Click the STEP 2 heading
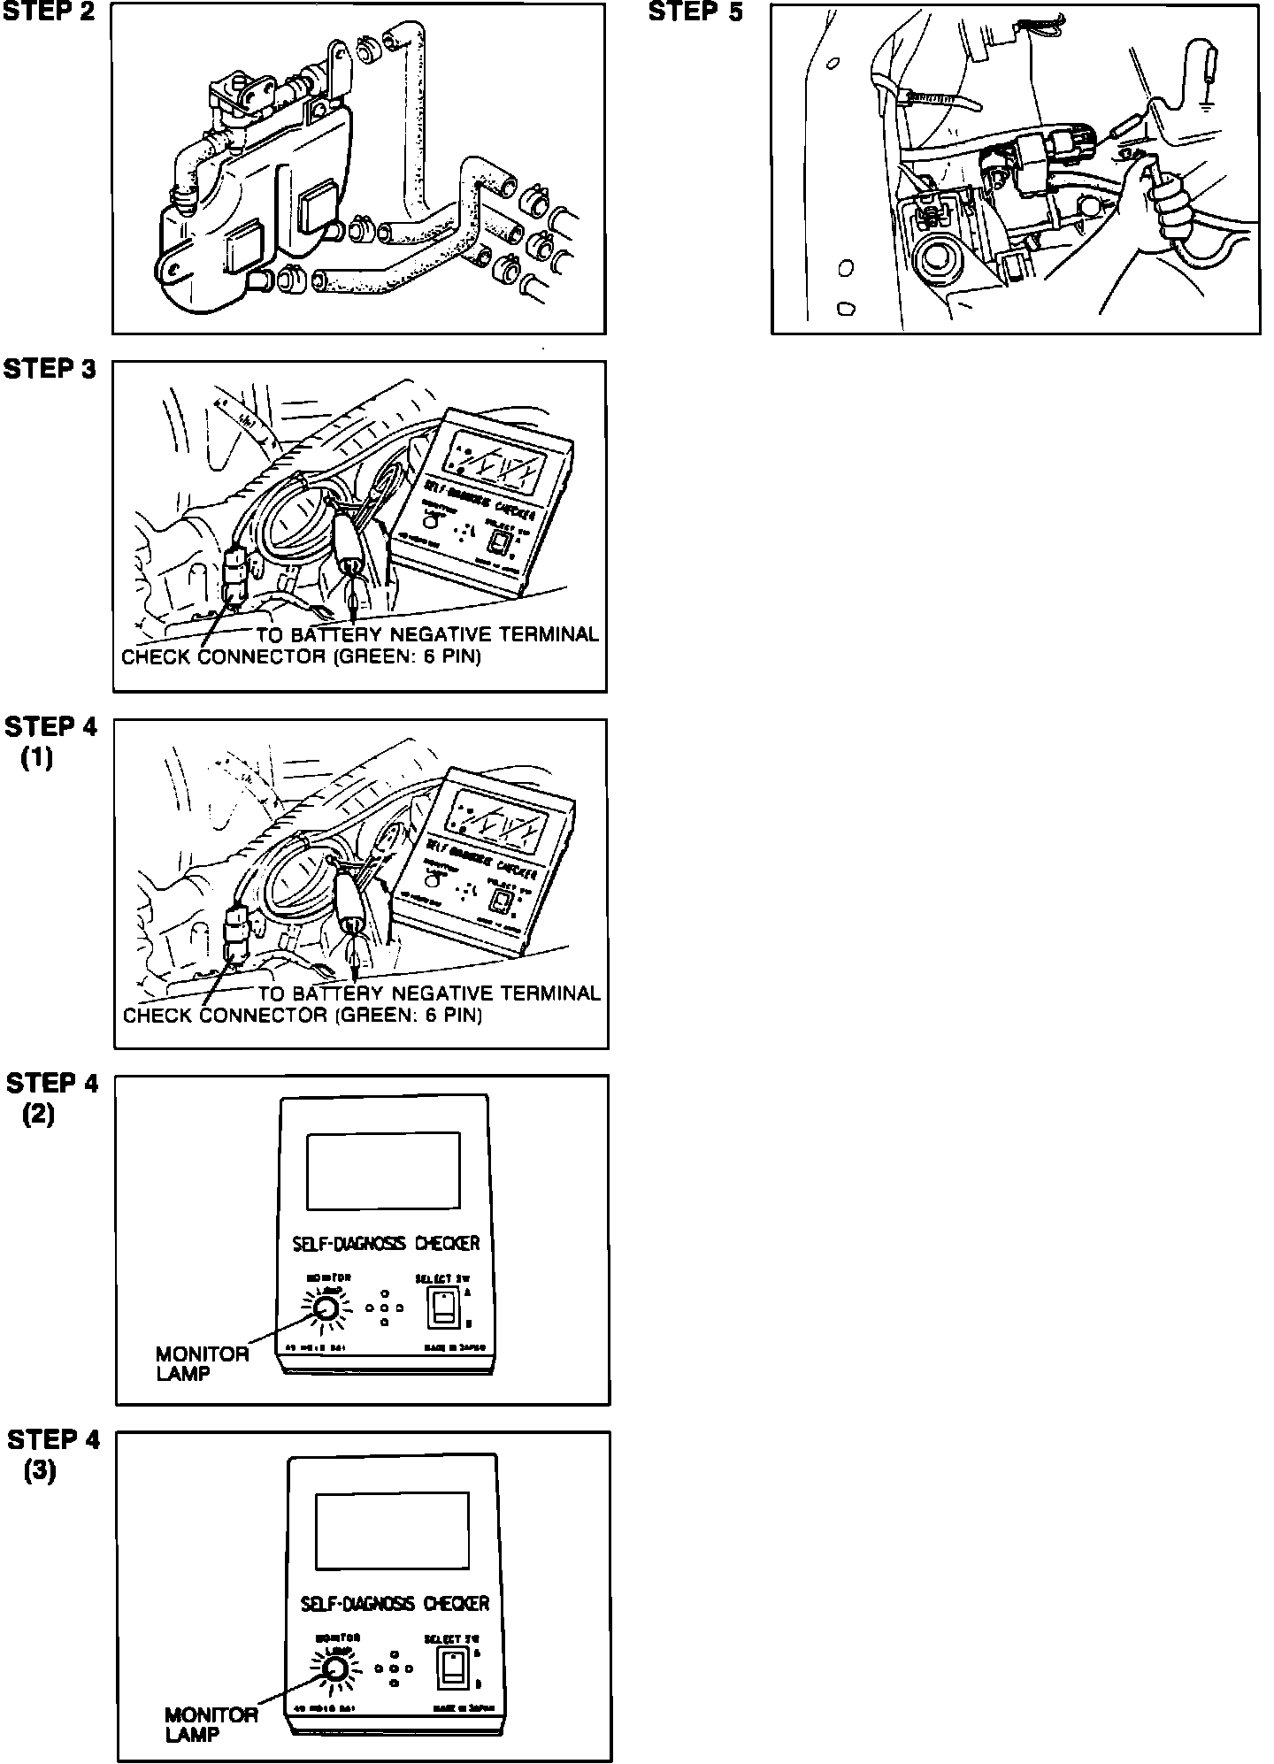coord(49,15)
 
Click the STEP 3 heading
coord(50,369)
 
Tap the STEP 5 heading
coord(696,13)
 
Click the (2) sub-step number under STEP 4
coord(38,1116)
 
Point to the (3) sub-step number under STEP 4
coord(39,1472)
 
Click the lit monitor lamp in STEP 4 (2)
coord(325,1308)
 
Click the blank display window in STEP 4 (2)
coord(383,1170)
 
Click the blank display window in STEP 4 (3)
coord(392,1530)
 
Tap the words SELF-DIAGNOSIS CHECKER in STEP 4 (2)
coord(386,1243)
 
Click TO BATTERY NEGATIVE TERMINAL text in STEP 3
coord(427,634)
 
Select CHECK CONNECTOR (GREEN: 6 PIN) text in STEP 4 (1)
coord(303,1016)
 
